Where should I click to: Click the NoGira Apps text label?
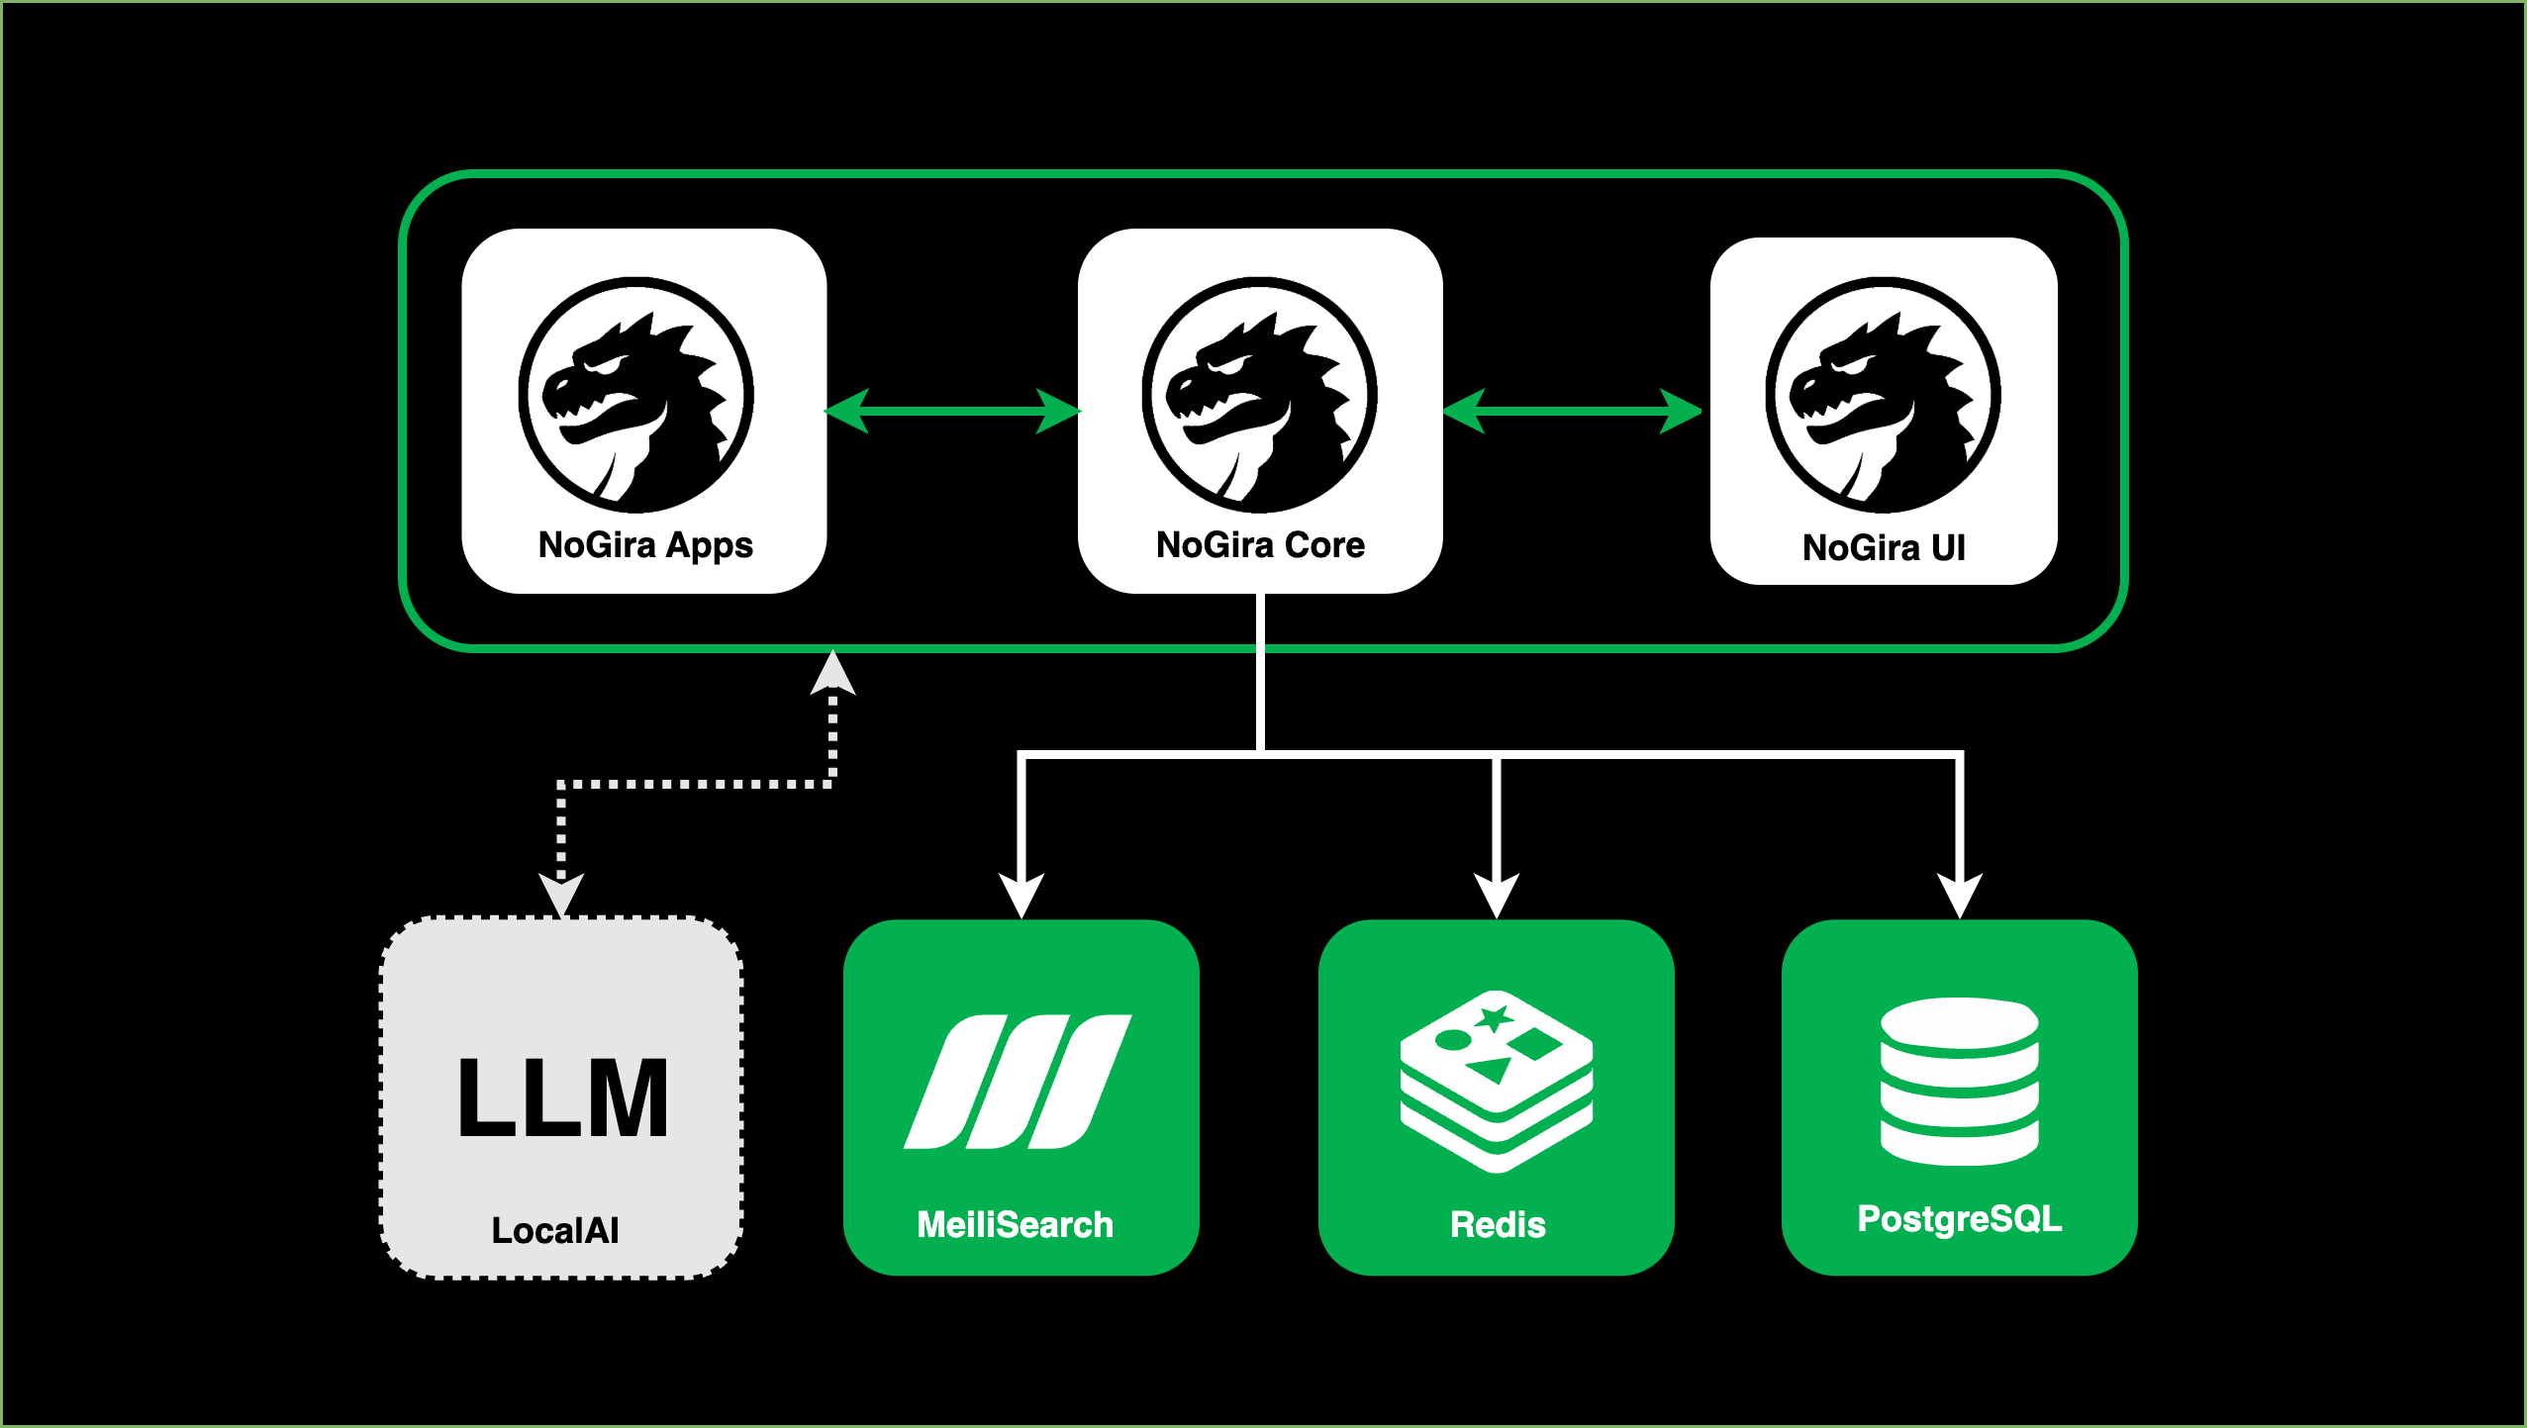click(645, 545)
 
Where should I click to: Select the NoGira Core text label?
click(1260, 545)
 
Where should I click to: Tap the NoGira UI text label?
click(1884, 547)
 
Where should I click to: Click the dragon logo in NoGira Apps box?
click(636, 396)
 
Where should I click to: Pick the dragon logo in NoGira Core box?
click(1260, 396)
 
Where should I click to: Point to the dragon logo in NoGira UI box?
click(1884, 396)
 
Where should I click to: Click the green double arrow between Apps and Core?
click(952, 411)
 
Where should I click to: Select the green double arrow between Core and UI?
click(1573, 411)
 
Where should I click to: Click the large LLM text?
click(562, 1097)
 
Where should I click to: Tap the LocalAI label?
click(555, 1230)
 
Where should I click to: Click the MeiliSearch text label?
click(1015, 1225)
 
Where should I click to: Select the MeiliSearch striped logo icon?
click(1018, 1082)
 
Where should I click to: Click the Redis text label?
click(1498, 1225)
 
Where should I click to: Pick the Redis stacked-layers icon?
click(1496, 1082)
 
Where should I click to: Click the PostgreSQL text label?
click(1959, 1218)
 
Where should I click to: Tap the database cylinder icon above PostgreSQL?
click(1959, 1082)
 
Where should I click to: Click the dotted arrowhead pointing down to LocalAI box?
click(561, 894)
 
